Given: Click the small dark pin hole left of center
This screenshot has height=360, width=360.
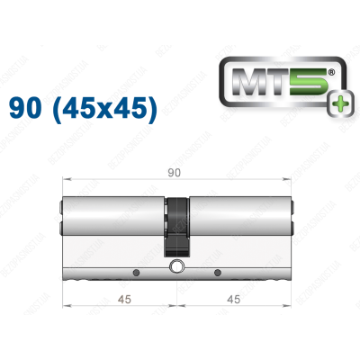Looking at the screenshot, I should [x=135, y=272].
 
